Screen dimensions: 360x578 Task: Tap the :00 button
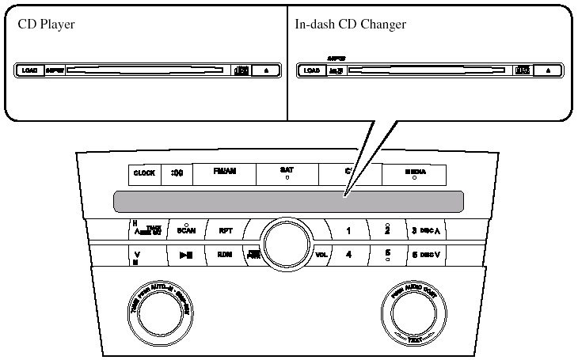[x=177, y=173]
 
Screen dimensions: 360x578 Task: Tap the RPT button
[x=225, y=231]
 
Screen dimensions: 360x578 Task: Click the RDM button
[x=225, y=255]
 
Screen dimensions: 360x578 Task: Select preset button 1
[x=348, y=231]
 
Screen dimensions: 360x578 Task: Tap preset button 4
[x=348, y=255]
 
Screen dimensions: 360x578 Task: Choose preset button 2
[x=387, y=230]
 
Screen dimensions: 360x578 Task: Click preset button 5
[x=387, y=255]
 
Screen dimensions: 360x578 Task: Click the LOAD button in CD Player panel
[x=30, y=70]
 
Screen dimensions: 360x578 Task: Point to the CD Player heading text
[x=46, y=25]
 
